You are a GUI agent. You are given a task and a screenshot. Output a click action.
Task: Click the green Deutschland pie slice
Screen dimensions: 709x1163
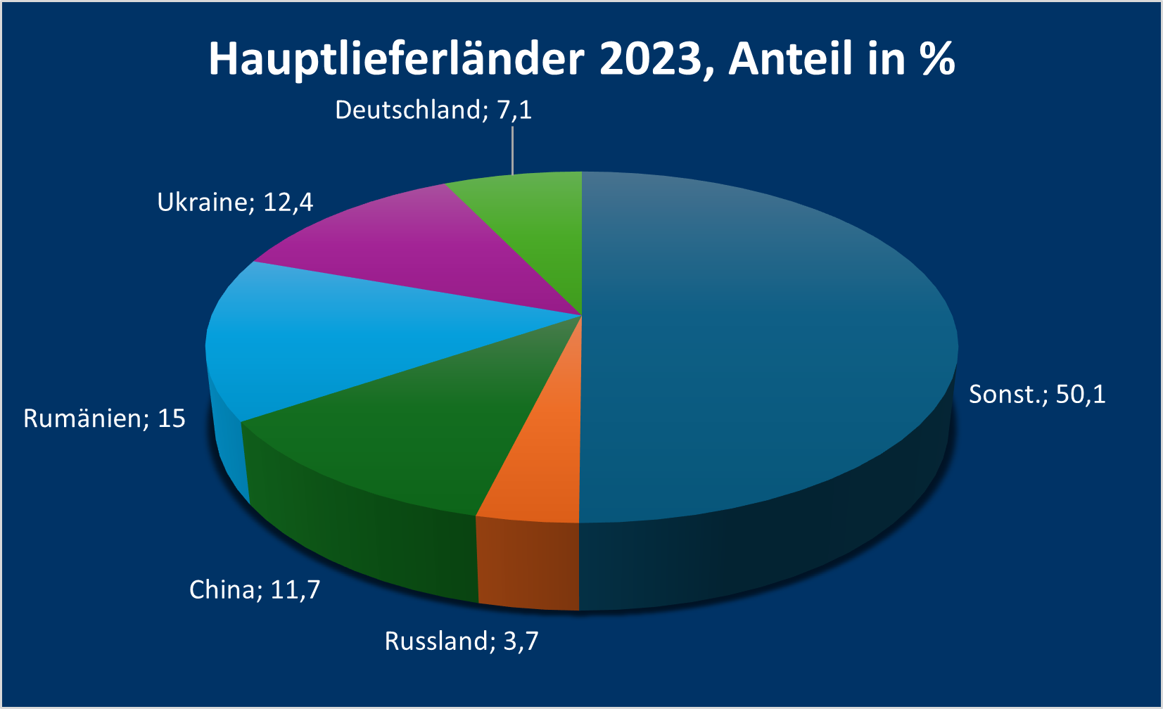tap(542, 225)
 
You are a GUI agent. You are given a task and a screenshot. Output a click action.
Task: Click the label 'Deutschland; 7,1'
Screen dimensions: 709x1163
tap(433, 110)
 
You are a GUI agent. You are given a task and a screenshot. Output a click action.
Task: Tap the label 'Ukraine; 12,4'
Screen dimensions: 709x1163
tap(235, 203)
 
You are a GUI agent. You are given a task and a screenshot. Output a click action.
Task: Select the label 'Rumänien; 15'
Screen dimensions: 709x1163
tap(104, 419)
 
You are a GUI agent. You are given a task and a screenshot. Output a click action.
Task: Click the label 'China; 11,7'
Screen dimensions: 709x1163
tap(255, 589)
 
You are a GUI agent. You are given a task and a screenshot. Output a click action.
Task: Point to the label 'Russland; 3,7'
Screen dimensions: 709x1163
tap(462, 641)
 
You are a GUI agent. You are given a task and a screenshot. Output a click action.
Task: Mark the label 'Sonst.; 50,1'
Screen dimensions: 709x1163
tap(1037, 395)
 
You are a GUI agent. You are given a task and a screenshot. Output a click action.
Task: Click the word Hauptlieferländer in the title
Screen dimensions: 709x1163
tap(396, 59)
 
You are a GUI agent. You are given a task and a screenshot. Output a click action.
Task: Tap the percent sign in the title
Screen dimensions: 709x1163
tap(938, 59)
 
